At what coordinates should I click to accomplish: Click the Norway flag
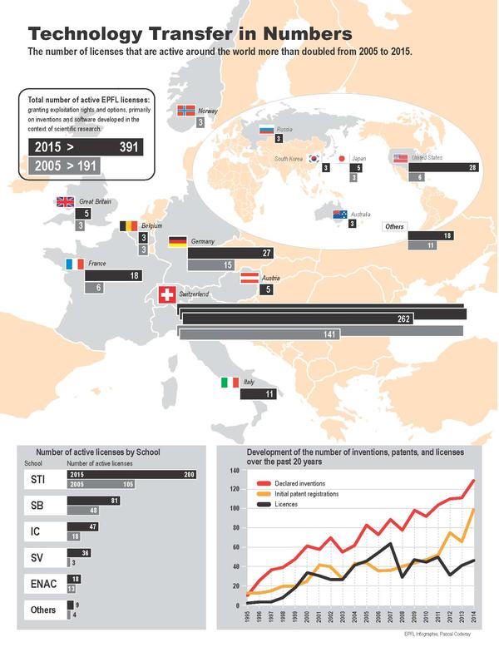tap(187, 111)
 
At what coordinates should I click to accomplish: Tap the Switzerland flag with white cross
tap(167, 294)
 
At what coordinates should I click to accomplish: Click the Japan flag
tap(340, 158)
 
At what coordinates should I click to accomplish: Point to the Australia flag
tap(339, 214)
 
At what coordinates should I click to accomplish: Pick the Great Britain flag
tap(65, 201)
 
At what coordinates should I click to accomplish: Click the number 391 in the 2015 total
tap(129, 146)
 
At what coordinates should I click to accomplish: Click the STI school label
tap(38, 479)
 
